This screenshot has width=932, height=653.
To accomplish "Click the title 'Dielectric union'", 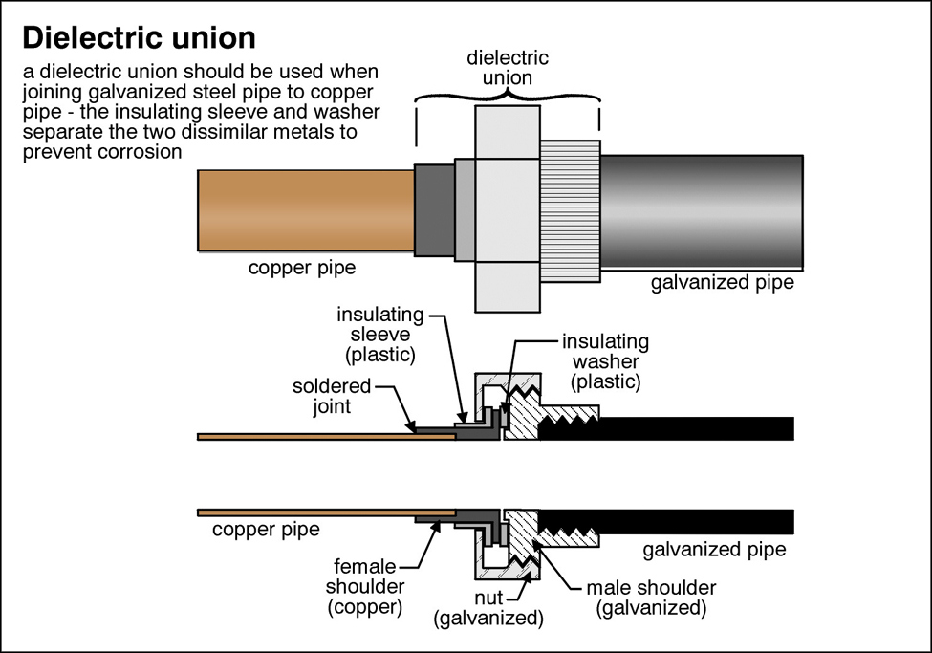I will click(139, 37).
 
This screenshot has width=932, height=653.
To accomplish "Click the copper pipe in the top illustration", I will click(306, 209).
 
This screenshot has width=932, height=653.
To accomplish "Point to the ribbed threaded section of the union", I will click(570, 210).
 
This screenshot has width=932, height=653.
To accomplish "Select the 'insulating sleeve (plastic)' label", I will click(376, 334).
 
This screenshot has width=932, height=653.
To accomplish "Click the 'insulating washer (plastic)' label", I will click(605, 361).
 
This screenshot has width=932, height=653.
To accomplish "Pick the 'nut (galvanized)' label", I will click(488, 608).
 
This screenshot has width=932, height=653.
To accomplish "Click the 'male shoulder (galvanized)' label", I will click(651, 597).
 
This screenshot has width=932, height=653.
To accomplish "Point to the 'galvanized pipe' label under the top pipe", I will click(722, 283).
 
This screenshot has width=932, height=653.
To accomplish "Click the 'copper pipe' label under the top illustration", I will click(302, 268).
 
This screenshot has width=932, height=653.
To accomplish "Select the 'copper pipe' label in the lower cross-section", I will click(266, 529).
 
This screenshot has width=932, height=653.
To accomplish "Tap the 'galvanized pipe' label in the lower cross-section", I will click(714, 550).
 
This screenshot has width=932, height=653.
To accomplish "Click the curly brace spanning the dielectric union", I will click(507, 98).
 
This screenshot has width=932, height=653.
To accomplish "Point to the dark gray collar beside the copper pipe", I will click(435, 210).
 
